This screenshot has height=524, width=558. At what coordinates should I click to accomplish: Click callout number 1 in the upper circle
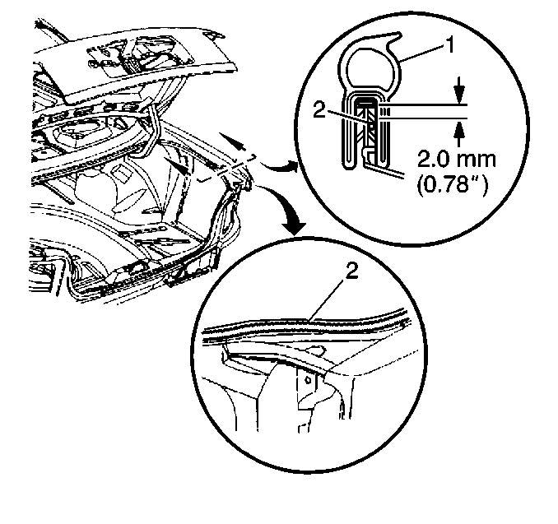(450, 45)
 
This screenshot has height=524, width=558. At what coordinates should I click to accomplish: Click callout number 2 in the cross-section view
(319, 110)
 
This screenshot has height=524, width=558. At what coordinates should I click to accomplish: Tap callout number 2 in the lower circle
(351, 272)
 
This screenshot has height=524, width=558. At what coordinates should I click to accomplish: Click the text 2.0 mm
(457, 160)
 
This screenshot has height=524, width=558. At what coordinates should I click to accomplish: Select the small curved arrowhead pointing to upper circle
(291, 165)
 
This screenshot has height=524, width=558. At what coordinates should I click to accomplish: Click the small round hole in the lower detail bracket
(308, 380)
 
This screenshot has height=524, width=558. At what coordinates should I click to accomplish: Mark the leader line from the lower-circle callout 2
(327, 299)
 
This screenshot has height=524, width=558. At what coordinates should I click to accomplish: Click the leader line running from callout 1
(421, 53)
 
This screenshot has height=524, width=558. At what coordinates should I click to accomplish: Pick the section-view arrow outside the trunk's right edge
(232, 141)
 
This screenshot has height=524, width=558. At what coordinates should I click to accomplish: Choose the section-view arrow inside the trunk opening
(176, 166)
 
